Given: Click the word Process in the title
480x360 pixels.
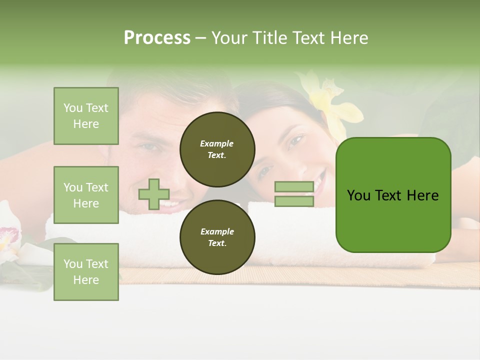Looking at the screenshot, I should (x=157, y=38).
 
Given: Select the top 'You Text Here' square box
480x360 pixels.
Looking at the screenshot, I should (x=86, y=116).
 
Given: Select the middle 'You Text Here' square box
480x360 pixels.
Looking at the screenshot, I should (x=86, y=195).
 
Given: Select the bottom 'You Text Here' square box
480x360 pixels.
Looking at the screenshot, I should (x=86, y=271).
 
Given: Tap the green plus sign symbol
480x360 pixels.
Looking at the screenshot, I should (x=154, y=194).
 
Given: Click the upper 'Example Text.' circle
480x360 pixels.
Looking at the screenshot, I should (x=217, y=149).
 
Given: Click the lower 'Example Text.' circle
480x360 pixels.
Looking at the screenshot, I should (x=217, y=237).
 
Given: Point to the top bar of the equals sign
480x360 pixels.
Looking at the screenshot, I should (x=294, y=186).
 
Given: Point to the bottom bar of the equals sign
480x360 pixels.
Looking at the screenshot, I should (x=294, y=201).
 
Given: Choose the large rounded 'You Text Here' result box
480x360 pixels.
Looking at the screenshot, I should (x=393, y=195).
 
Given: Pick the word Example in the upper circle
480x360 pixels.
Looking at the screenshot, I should (x=217, y=143).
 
